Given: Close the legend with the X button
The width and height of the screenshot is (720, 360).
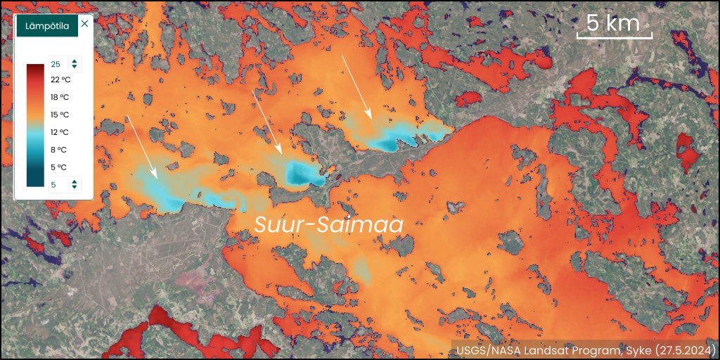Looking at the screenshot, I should [84, 24].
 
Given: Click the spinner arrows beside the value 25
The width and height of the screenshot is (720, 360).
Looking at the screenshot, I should [75, 64].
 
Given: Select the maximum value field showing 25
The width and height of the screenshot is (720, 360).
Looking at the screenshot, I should [57, 64].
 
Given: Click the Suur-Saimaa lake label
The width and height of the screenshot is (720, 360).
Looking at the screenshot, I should [328, 224].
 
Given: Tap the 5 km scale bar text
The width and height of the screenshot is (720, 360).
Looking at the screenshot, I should [613, 22].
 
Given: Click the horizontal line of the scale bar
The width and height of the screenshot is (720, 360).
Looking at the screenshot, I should [615, 37].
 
